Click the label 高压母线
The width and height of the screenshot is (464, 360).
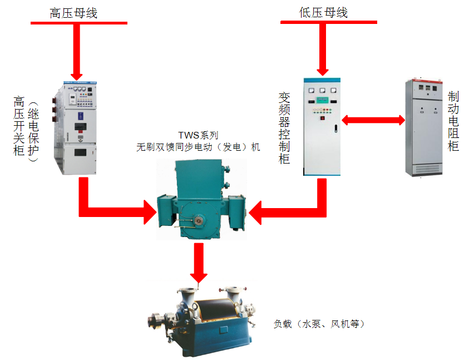pyautogui.click(x=73, y=13)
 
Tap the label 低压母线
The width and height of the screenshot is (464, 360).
pyautogui.click(x=323, y=13)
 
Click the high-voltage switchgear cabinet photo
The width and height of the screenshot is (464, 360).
pyautogui.click(x=77, y=128)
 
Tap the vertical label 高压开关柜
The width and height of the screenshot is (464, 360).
pyautogui.click(x=19, y=126)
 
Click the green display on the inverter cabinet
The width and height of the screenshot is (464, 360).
pyautogui.click(x=322, y=101)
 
